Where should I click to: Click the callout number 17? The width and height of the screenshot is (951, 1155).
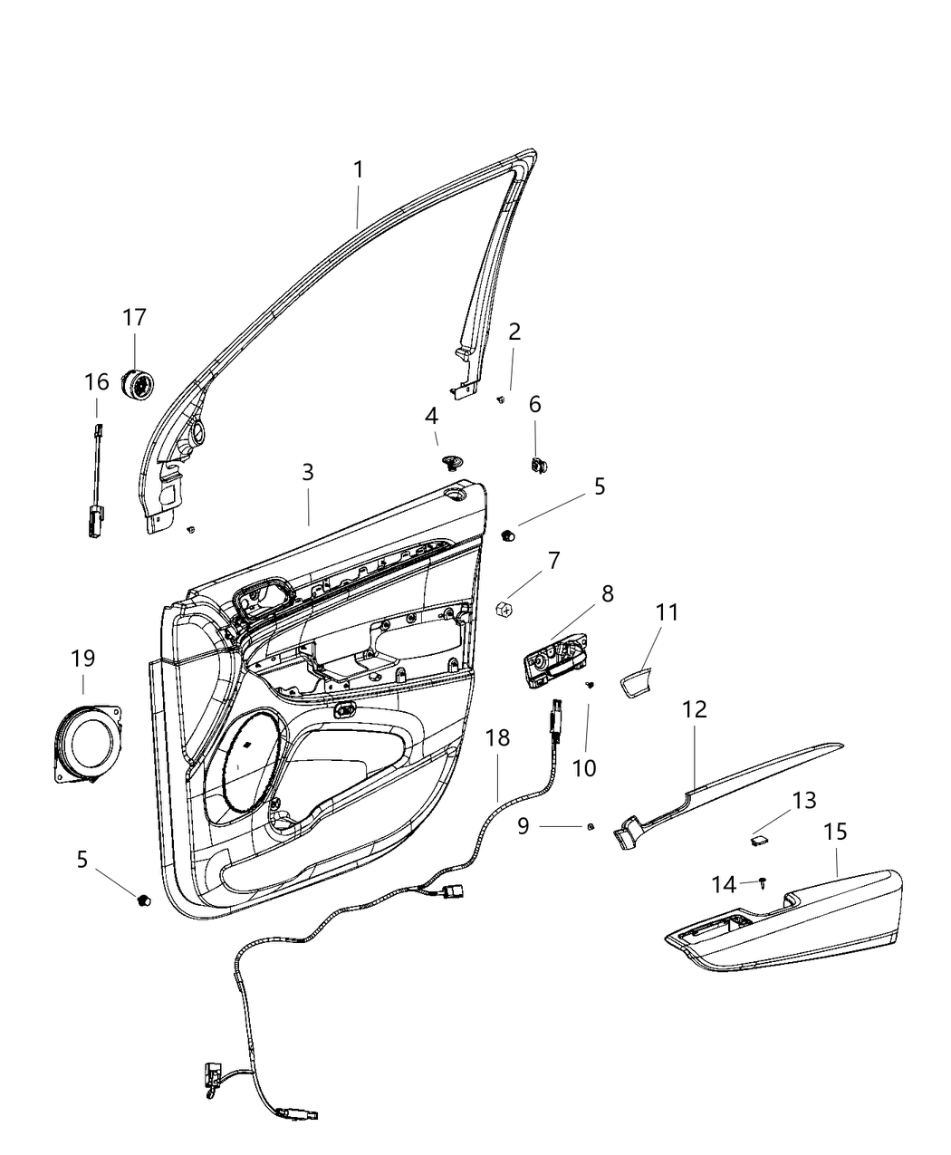click(134, 318)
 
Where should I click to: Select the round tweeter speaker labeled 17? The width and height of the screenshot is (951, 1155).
click(137, 384)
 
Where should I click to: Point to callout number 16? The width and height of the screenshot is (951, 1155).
click(96, 382)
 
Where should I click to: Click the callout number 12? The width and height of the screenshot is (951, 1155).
click(695, 708)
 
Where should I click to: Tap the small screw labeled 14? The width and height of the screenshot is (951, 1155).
click(763, 881)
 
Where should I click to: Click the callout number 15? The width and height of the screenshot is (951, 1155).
click(835, 832)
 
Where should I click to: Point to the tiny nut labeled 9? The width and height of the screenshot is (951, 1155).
click(591, 825)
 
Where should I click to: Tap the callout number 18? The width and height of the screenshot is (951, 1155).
click(497, 738)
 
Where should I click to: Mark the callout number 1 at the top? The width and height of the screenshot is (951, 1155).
click(358, 169)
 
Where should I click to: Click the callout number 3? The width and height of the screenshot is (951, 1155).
click(308, 472)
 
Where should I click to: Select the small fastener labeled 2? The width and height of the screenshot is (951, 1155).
click(501, 399)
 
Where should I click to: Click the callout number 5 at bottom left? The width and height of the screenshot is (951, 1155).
click(82, 859)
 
